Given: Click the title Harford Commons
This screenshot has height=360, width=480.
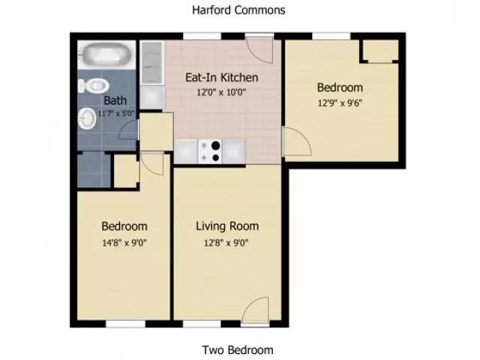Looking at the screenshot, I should tap(238, 10).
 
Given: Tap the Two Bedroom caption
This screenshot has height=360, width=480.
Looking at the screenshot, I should tap(238, 349).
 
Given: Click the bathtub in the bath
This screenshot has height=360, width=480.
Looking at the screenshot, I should tap(105, 55).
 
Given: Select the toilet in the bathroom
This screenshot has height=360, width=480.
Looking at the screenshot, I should tap(92, 83).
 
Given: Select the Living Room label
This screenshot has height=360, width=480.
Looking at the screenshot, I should tap(227, 226).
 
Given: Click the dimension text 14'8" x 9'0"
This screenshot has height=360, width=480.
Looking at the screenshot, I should tap(124, 241).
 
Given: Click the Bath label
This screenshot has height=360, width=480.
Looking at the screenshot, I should tap(115, 100).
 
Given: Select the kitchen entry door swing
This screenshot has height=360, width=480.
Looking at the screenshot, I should tap(262, 51).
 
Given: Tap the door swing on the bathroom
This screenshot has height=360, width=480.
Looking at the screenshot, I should tap(130, 131).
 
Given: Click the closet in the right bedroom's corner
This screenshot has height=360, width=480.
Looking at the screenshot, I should tap(379, 49).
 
